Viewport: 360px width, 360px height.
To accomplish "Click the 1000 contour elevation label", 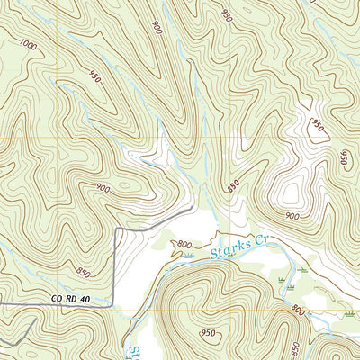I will pyautogui.click(x=28, y=45).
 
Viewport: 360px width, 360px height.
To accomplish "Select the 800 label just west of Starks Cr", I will pyautogui.click(x=184, y=245).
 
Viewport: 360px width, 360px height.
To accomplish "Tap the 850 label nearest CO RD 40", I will pyautogui.click(x=83, y=273).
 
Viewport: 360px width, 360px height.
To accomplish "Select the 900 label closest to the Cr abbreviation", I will pyautogui.click(x=292, y=216).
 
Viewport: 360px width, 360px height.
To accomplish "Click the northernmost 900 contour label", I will pyautogui.click(x=158, y=27).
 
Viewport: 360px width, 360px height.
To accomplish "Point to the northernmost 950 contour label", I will pyautogui.click(x=226, y=15).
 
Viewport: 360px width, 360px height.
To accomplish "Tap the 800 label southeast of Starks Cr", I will pyautogui.click(x=298, y=310).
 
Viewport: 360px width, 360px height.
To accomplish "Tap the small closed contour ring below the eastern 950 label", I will pyautogui.click(x=315, y=133).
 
